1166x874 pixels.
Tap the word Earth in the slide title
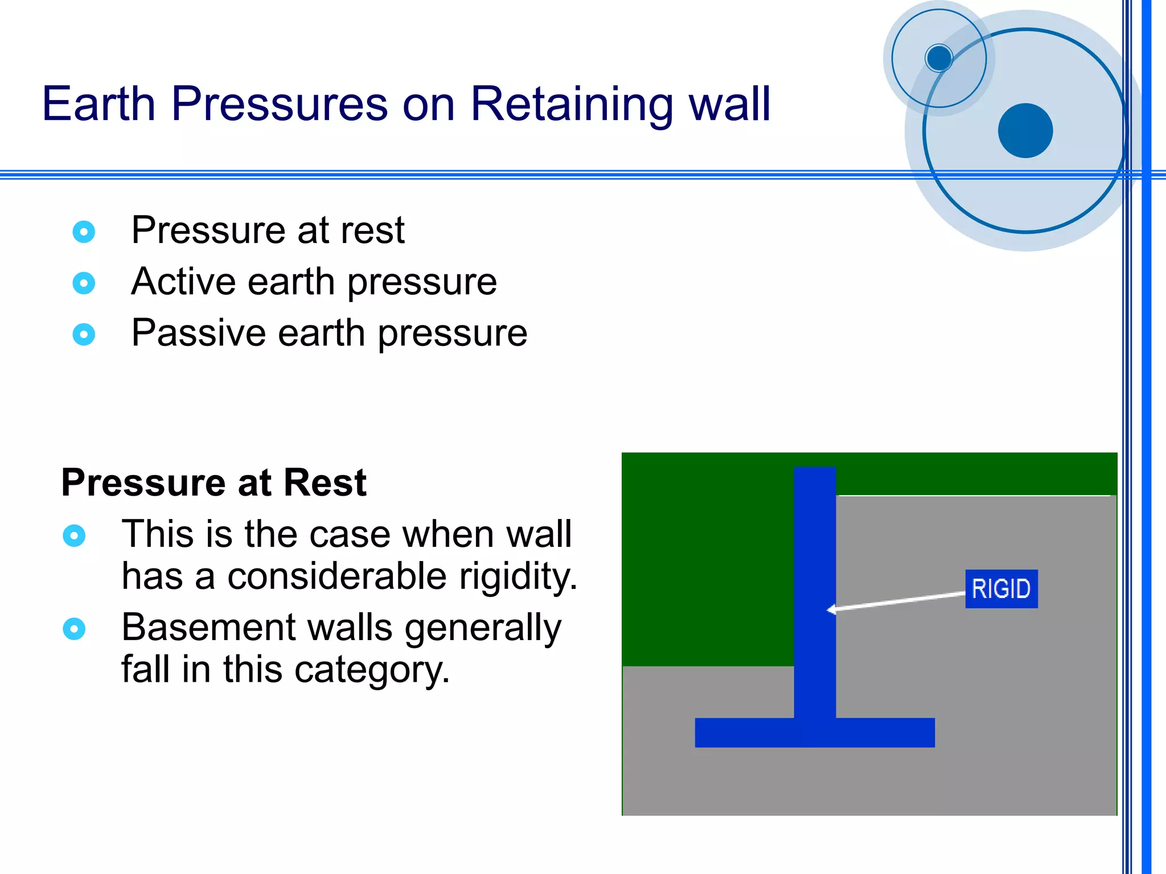pyautogui.click(x=98, y=104)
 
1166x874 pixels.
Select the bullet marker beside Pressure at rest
pyautogui.click(x=84, y=232)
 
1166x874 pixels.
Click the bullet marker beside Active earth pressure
pyautogui.click(x=84, y=283)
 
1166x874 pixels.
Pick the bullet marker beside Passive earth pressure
pyautogui.click(x=84, y=334)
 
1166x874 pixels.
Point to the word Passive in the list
pyautogui.click(x=198, y=333)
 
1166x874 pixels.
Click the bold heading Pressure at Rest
pyautogui.click(x=214, y=483)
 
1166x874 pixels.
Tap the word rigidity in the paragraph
pyautogui.click(x=518, y=576)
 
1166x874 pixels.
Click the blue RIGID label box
pyautogui.click(x=1001, y=588)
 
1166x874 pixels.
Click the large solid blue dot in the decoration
pyautogui.click(x=1025, y=130)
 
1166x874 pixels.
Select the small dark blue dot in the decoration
pyautogui.click(x=938, y=57)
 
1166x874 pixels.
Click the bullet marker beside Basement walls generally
pyautogui.click(x=74, y=629)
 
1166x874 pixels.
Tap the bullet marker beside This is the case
pyautogui.click(x=74, y=535)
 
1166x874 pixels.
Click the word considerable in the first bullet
pyautogui.click(x=336, y=576)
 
